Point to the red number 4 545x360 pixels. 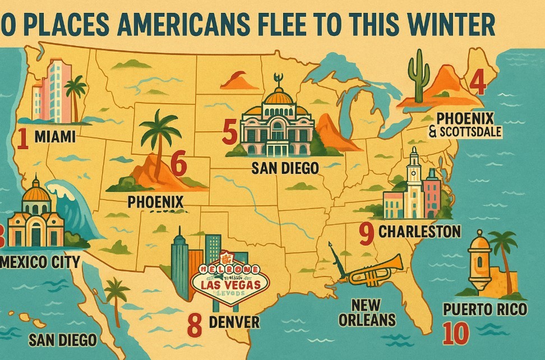tap(477, 82)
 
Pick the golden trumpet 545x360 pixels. tap(376, 271)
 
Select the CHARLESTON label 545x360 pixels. tap(419, 231)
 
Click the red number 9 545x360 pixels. tap(366, 233)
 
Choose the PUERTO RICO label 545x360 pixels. tap(484, 309)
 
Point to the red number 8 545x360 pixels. tap(194, 325)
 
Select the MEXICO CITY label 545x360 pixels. tap(41, 261)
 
